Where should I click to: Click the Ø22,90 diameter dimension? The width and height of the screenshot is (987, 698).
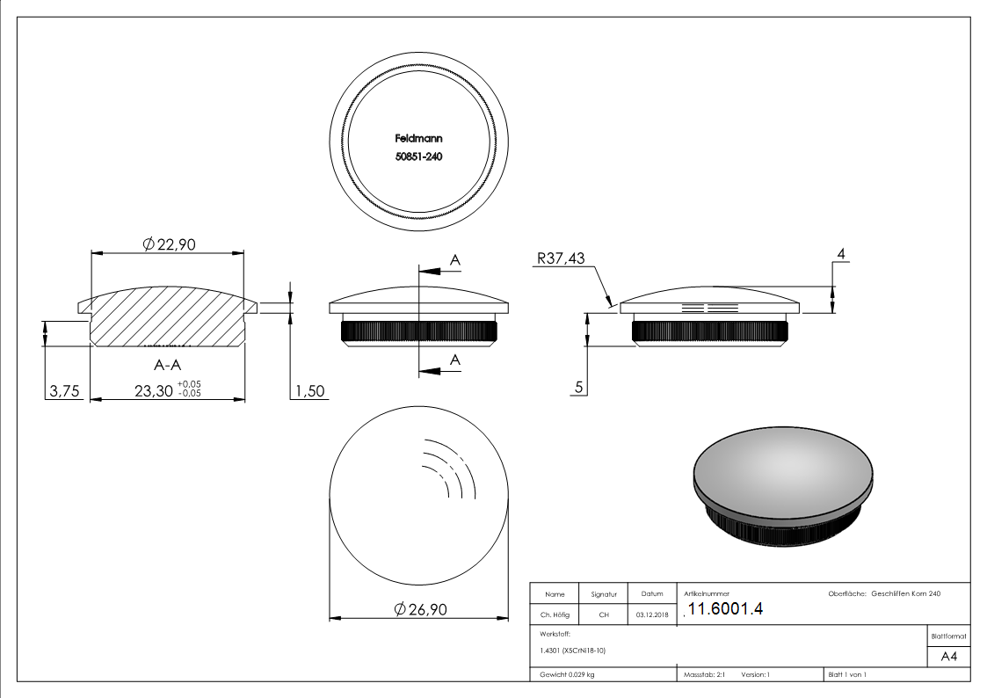(167, 244)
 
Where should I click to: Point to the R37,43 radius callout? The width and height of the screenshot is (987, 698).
(559, 258)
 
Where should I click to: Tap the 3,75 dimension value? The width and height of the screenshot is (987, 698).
(63, 392)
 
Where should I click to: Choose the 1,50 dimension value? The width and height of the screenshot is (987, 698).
(309, 392)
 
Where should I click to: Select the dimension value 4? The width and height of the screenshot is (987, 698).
(841, 254)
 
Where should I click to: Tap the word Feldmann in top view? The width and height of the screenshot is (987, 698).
(418, 138)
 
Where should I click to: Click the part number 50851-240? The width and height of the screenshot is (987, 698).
(418, 156)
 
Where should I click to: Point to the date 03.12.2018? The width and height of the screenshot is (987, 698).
(651, 615)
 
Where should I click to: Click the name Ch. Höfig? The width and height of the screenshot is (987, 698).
(555, 615)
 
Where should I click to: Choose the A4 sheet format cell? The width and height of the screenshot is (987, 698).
(948, 657)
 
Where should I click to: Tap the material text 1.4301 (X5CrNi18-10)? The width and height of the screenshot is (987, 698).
(573, 651)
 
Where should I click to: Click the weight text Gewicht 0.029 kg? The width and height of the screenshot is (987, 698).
(568, 674)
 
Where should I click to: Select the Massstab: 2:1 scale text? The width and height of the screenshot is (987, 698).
(704, 674)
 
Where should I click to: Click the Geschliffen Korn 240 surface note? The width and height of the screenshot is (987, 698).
(905, 594)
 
